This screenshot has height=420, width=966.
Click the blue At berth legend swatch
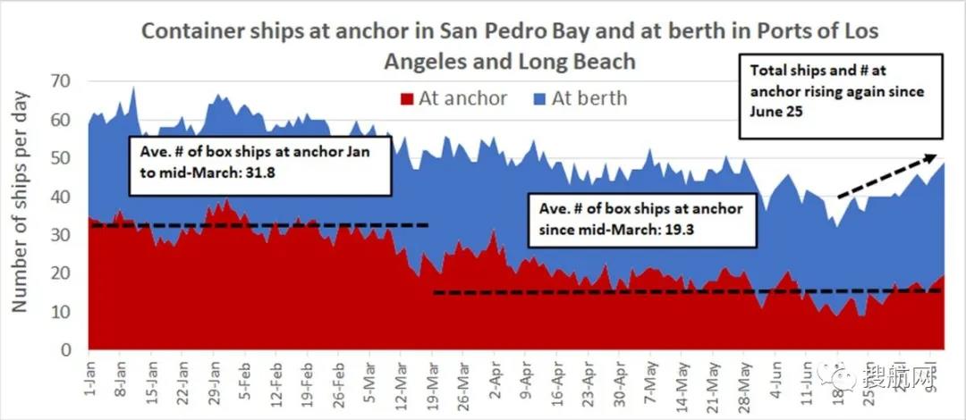[538, 97]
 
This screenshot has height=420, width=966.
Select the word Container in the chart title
[183, 31]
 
